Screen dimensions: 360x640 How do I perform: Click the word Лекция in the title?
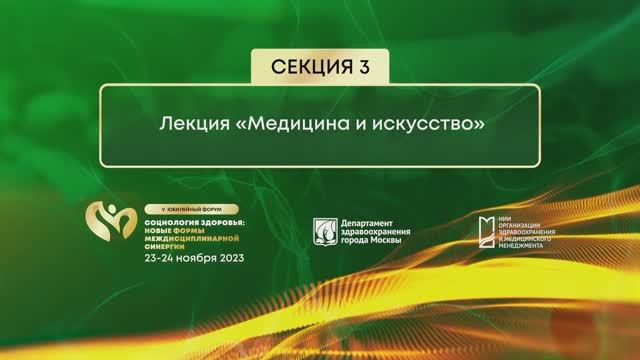click(190, 128)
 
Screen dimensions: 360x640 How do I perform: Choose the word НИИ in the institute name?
click(502, 213)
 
